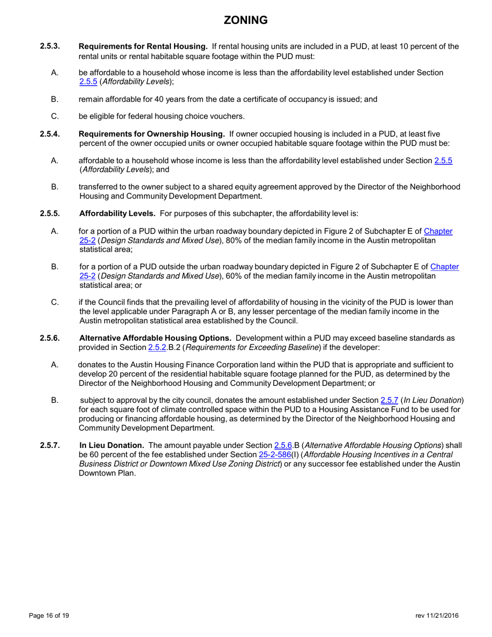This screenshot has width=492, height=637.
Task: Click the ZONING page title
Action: point(245,20)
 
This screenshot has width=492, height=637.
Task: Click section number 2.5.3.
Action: point(50,46)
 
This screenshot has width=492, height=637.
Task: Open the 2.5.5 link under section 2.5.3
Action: point(88,81)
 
